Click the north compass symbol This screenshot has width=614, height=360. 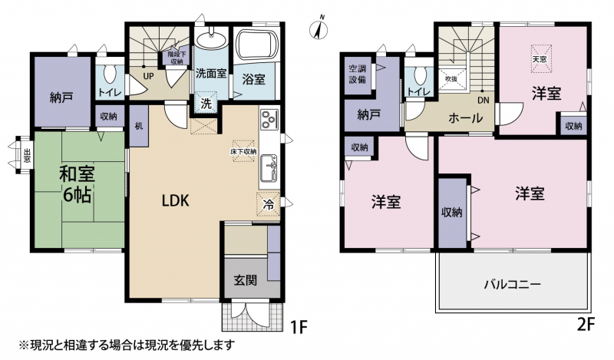tap(319, 28)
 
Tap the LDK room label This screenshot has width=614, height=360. tap(176, 200)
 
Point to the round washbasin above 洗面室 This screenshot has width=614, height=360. tap(210, 39)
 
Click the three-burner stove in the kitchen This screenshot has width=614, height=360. tap(269, 119)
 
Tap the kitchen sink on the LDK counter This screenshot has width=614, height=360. tap(269, 167)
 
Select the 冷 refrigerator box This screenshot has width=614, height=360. tap(268, 204)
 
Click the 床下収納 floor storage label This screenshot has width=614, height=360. tap(243, 151)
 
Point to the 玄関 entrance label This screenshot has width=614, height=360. tap(246, 280)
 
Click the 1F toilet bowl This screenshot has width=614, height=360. tap(108, 74)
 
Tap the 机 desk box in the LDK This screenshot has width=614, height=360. tap(139, 126)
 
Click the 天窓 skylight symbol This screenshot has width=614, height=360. tap(541, 59)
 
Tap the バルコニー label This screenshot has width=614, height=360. tap(513, 283)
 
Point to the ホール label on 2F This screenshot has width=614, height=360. tap(466, 117)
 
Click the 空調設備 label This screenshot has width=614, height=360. tap(357, 74)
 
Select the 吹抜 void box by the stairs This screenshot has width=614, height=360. tap(451, 79)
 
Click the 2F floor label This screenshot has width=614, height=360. tap(585, 325)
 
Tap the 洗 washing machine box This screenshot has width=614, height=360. tap(206, 104)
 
